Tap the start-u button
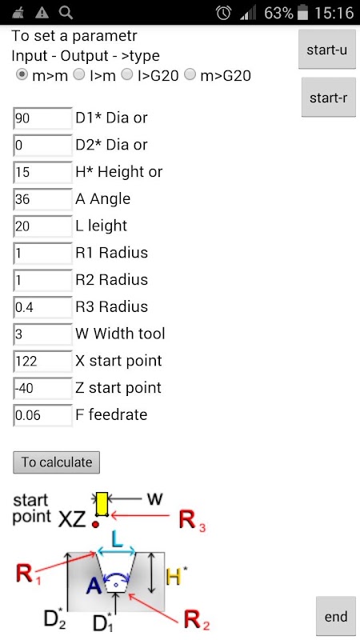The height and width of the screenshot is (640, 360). [x=327, y=50]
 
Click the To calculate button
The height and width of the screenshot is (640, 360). [x=56, y=462]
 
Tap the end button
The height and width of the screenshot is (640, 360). [x=336, y=616]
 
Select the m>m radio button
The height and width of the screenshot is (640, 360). [x=22, y=74]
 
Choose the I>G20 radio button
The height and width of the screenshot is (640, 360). [x=128, y=74]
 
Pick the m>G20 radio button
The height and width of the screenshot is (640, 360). [x=190, y=74]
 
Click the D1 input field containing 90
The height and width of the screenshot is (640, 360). [x=43, y=118]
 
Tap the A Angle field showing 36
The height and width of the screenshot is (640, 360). [x=43, y=198]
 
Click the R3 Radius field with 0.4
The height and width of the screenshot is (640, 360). [x=43, y=306]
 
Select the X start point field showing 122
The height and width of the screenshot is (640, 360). [x=43, y=361]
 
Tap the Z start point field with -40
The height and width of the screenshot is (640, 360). [x=43, y=387]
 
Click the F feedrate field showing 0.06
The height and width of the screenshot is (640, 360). [x=43, y=414]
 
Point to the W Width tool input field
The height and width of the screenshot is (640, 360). [x=43, y=334]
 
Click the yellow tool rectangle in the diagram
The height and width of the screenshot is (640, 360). [x=102, y=504]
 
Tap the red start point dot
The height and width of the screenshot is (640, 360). [x=96, y=524]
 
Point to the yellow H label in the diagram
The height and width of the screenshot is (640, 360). [x=174, y=577]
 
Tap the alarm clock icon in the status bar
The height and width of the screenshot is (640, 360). [x=224, y=13]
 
